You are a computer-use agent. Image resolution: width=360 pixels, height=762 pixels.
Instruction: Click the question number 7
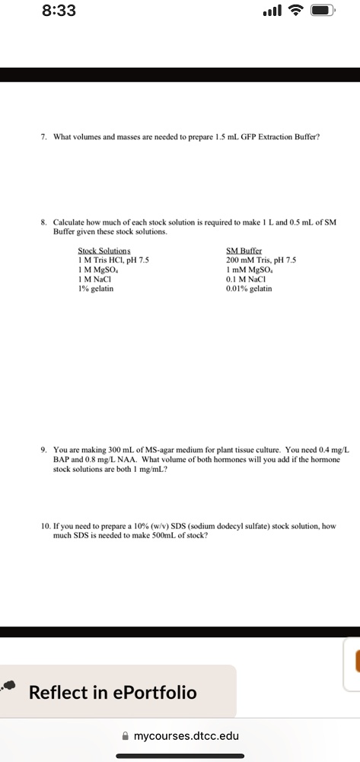coord(45,137)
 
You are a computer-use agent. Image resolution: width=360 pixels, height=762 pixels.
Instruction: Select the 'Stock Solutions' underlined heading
coord(104,250)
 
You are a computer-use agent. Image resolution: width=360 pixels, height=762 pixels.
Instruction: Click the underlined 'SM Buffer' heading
coord(243,250)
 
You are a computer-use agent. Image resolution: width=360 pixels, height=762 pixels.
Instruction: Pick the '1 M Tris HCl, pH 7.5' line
coord(113,260)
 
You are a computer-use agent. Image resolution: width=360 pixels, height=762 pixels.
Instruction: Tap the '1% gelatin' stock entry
coord(96,289)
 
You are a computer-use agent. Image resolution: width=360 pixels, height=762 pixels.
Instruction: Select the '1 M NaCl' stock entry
coord(96,279)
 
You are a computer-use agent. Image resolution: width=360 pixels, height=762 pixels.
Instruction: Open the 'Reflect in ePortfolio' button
coord(113,693)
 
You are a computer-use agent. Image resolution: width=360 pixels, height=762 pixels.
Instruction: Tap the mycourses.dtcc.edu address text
coord(186,737)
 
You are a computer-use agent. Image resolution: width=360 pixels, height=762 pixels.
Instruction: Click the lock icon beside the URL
coord(124,737)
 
